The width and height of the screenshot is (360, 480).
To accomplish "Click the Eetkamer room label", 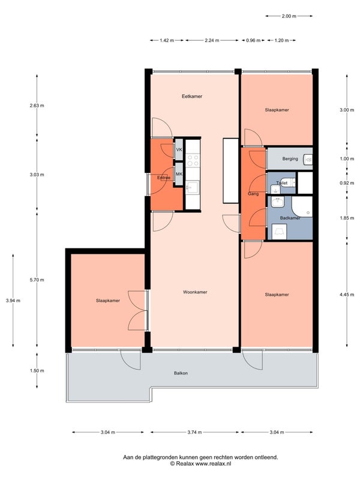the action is pos(192,96).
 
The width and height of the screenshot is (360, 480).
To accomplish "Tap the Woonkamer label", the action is pos(195,292).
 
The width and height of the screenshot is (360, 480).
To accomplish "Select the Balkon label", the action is pos(181,373).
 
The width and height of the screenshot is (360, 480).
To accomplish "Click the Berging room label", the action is pos(290,158).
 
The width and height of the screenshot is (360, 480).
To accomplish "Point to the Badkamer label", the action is pos(290,218).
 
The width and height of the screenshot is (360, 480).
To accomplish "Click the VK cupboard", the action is pos(179,149).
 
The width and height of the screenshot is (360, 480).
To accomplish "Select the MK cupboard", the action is pos(179,174).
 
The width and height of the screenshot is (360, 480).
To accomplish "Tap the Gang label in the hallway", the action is pos(253,194).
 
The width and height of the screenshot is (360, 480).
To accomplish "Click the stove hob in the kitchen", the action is pos(193,160).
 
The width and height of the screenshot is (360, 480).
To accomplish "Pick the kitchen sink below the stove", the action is pos(193,187).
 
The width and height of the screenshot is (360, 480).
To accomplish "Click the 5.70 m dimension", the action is pos(37,280).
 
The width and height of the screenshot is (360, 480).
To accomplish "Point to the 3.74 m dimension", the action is pos(194,432).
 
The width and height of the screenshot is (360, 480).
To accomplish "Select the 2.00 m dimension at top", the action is pos(289,16).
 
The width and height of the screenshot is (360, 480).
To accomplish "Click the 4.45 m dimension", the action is pos(347,295).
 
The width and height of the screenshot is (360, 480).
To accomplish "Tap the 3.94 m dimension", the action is pos(13,301).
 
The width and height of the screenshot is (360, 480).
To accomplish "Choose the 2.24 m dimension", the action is pos(212,40).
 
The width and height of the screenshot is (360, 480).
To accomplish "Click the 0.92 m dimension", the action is pos(347,183).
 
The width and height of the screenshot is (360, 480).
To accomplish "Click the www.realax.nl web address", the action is pos(214,464).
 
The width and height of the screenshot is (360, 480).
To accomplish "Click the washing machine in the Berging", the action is pos(308,159).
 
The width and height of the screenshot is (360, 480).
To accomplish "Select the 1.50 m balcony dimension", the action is pos(37,371).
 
